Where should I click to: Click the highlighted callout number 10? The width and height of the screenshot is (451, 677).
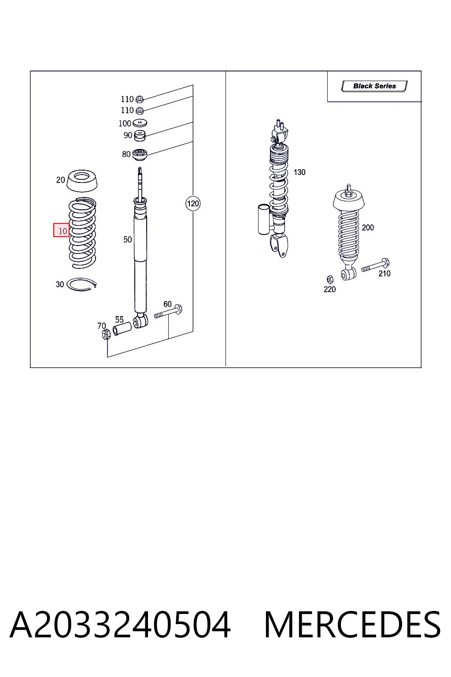[x=61, y=230]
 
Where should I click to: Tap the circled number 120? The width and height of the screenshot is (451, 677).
[x=193, y=203]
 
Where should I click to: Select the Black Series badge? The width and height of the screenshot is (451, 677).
[x=374, y=86]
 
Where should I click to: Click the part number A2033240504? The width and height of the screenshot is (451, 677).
[x=120, y=625]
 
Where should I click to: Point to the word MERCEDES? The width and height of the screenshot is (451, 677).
[x=352, y=625]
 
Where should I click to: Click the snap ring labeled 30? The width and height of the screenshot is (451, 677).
[x=81, y=284]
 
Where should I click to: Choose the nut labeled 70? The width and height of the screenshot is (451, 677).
[x=106, y=335]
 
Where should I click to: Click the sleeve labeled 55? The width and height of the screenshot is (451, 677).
[x=122, y=329]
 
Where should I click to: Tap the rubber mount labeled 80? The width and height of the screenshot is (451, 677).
[x=139, y=155]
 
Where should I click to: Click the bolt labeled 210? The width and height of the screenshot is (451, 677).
[x=376, y=265]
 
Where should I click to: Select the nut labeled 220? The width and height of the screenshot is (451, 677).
[x=330, y=279]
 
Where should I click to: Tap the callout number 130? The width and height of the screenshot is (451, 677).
[x=299, y=172]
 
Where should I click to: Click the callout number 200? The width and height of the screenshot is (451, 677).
[x=368, y=227]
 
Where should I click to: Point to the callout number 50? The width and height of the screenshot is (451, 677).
[x=127, y=240]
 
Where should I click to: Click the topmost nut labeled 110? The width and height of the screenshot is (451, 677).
[x=140, y=99]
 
